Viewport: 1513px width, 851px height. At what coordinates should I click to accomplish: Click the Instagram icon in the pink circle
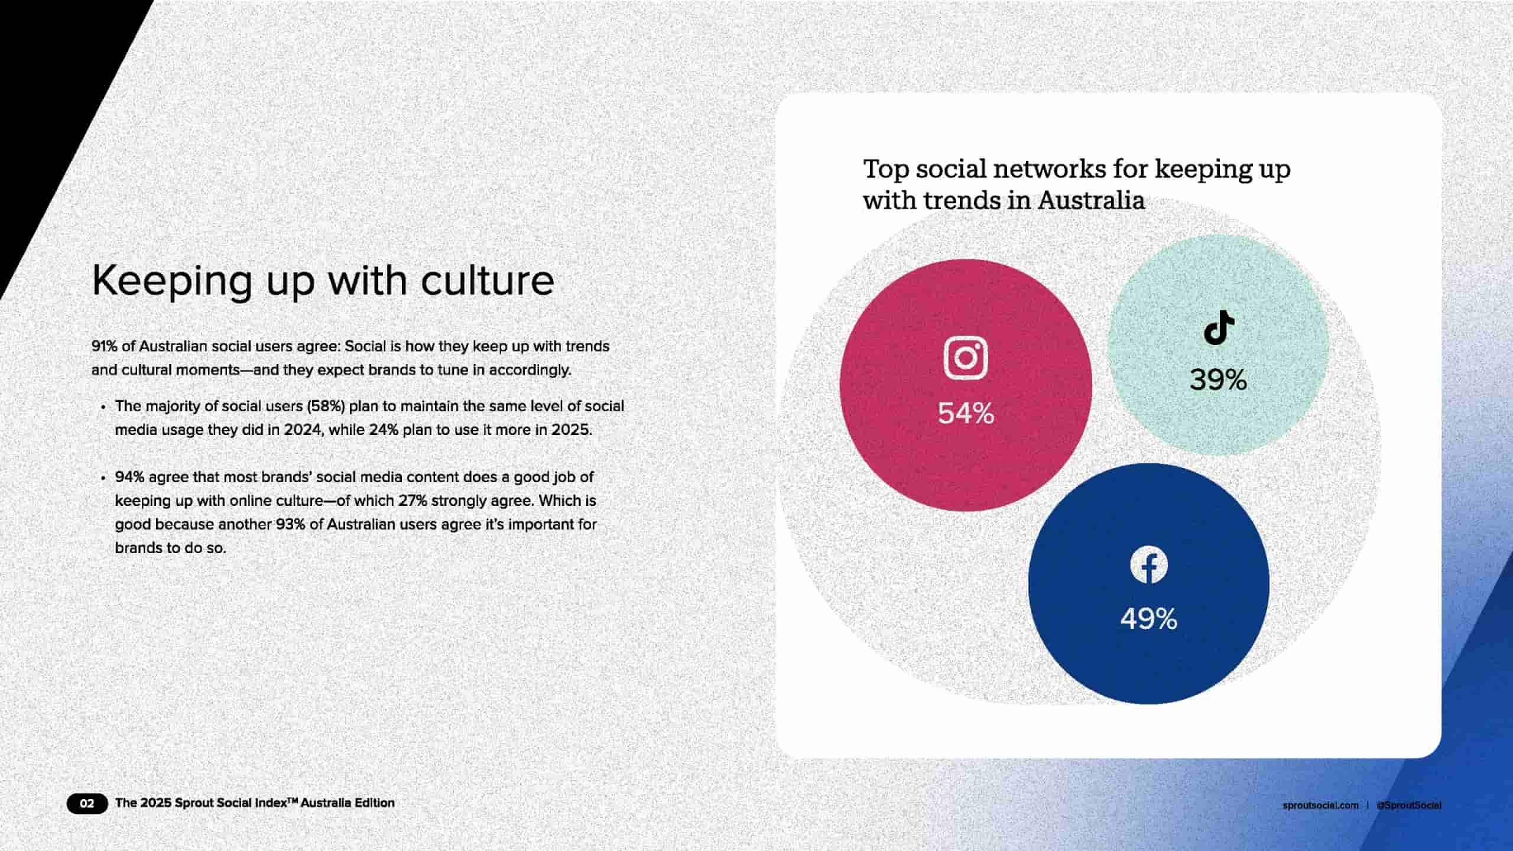(966, 358)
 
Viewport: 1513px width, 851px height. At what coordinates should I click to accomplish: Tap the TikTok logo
(1219, 327)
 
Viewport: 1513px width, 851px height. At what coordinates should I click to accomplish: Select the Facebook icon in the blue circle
(1149, 564)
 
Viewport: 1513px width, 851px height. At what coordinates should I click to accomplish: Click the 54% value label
(966, 413)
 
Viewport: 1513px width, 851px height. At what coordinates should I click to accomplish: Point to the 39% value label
(1218, 379)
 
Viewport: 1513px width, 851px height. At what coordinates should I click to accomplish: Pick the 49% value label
(1149, 619)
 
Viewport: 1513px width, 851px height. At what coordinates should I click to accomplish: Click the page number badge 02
(87, 803)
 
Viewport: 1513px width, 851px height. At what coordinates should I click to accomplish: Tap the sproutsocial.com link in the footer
(1320, 805)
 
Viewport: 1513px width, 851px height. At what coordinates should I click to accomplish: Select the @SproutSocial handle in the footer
(1409, 805)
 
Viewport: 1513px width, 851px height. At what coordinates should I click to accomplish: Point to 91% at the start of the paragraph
(105, 346)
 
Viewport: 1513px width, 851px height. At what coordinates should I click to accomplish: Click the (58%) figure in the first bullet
(326, 406)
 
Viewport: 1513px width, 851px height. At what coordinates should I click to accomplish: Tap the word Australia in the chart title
(1091, 200)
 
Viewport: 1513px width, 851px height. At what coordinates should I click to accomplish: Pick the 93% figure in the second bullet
(290, 524)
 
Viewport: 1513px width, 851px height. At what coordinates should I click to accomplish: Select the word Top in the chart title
(886, 169)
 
